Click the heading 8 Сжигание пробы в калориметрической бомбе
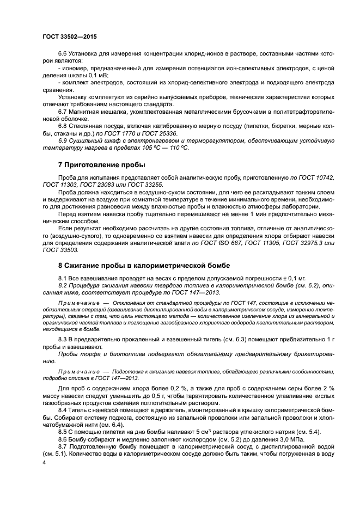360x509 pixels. coord(144,265)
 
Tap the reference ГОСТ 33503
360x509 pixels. coord(60,250)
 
